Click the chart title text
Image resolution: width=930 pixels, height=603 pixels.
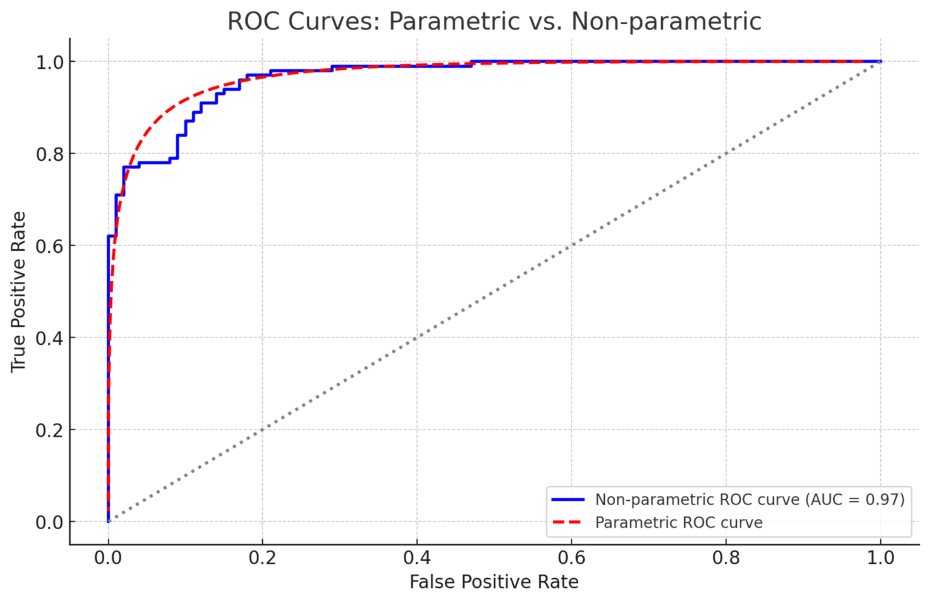[494, 21]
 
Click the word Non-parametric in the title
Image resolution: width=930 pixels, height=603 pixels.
[666, 21]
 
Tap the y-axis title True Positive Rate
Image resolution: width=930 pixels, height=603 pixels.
[18, 292]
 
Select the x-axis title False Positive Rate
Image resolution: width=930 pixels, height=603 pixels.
[494, 582]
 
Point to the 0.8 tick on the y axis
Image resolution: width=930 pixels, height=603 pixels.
[50, 154]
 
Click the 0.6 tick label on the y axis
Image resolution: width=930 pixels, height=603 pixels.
[50, 246]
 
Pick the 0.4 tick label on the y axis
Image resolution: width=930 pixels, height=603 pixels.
[50, 337]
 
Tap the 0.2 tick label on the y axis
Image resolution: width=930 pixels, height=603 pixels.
[50, 430]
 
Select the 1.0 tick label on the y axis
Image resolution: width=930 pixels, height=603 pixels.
[50, 62]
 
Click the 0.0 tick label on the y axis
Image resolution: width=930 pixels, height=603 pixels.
[50, 522]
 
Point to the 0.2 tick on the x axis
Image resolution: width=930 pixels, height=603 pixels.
[262, 557]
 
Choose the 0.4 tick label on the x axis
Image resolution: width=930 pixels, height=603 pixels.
[417, 557]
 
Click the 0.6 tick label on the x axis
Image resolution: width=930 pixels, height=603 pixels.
[572, 557]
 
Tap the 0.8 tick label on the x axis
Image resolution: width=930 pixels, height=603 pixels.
[726, 557]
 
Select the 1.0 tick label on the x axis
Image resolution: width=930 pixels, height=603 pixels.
[880, 557]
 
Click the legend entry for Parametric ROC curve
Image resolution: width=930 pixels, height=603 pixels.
[678, 523]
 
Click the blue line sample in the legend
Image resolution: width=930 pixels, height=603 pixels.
[568, 500]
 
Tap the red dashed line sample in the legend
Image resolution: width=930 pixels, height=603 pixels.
[568, 523]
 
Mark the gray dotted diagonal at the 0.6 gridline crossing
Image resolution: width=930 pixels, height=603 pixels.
[572, 246]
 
